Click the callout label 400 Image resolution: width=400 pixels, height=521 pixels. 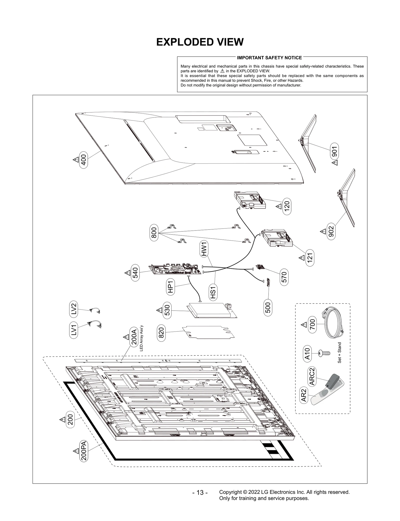click(84, 160)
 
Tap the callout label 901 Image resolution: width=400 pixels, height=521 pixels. click(334, 151)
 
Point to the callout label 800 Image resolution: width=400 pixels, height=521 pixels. click(154, 233)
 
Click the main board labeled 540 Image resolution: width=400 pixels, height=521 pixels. click(175, 270)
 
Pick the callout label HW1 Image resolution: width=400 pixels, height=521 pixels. click(204, 249)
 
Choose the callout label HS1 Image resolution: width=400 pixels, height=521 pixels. click(213, 292)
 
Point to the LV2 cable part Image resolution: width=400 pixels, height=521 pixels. click(95, 310)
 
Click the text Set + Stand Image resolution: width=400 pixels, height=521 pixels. click(339, 353)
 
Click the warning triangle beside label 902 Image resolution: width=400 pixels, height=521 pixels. click(323, 231)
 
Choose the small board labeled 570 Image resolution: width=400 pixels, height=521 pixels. click(260, 267)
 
